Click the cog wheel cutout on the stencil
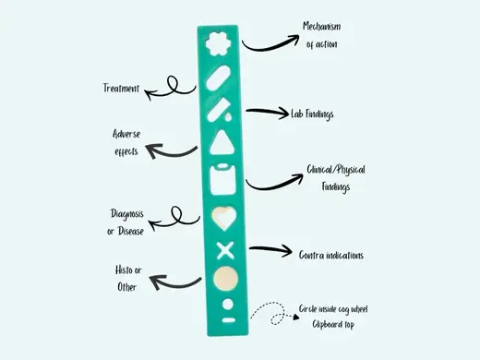click(x=218, y=44)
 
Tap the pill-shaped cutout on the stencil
click(x=218, y=78)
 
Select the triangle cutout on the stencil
click(x=222, y=142)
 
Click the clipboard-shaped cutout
click(x=223, y=179)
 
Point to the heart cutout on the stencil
click(x=224, y=218)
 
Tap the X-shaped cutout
click(x=225, y=250)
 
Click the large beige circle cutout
click(x=226, y=279)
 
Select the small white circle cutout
click(x=228, y=305)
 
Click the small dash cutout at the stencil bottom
click(x=229, y=320)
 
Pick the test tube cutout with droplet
click(x=220, y=110)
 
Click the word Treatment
click(x=121, y=89)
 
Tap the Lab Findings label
click(x=312, y=114)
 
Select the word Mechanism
click(x=322, y=26)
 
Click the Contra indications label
click(x=331, y=255)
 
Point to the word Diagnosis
click(x=127, y=214)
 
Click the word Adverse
click(x=126, y=134)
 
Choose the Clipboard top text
click(x=333, y=324)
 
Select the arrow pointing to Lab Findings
click(x=267, y=112)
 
